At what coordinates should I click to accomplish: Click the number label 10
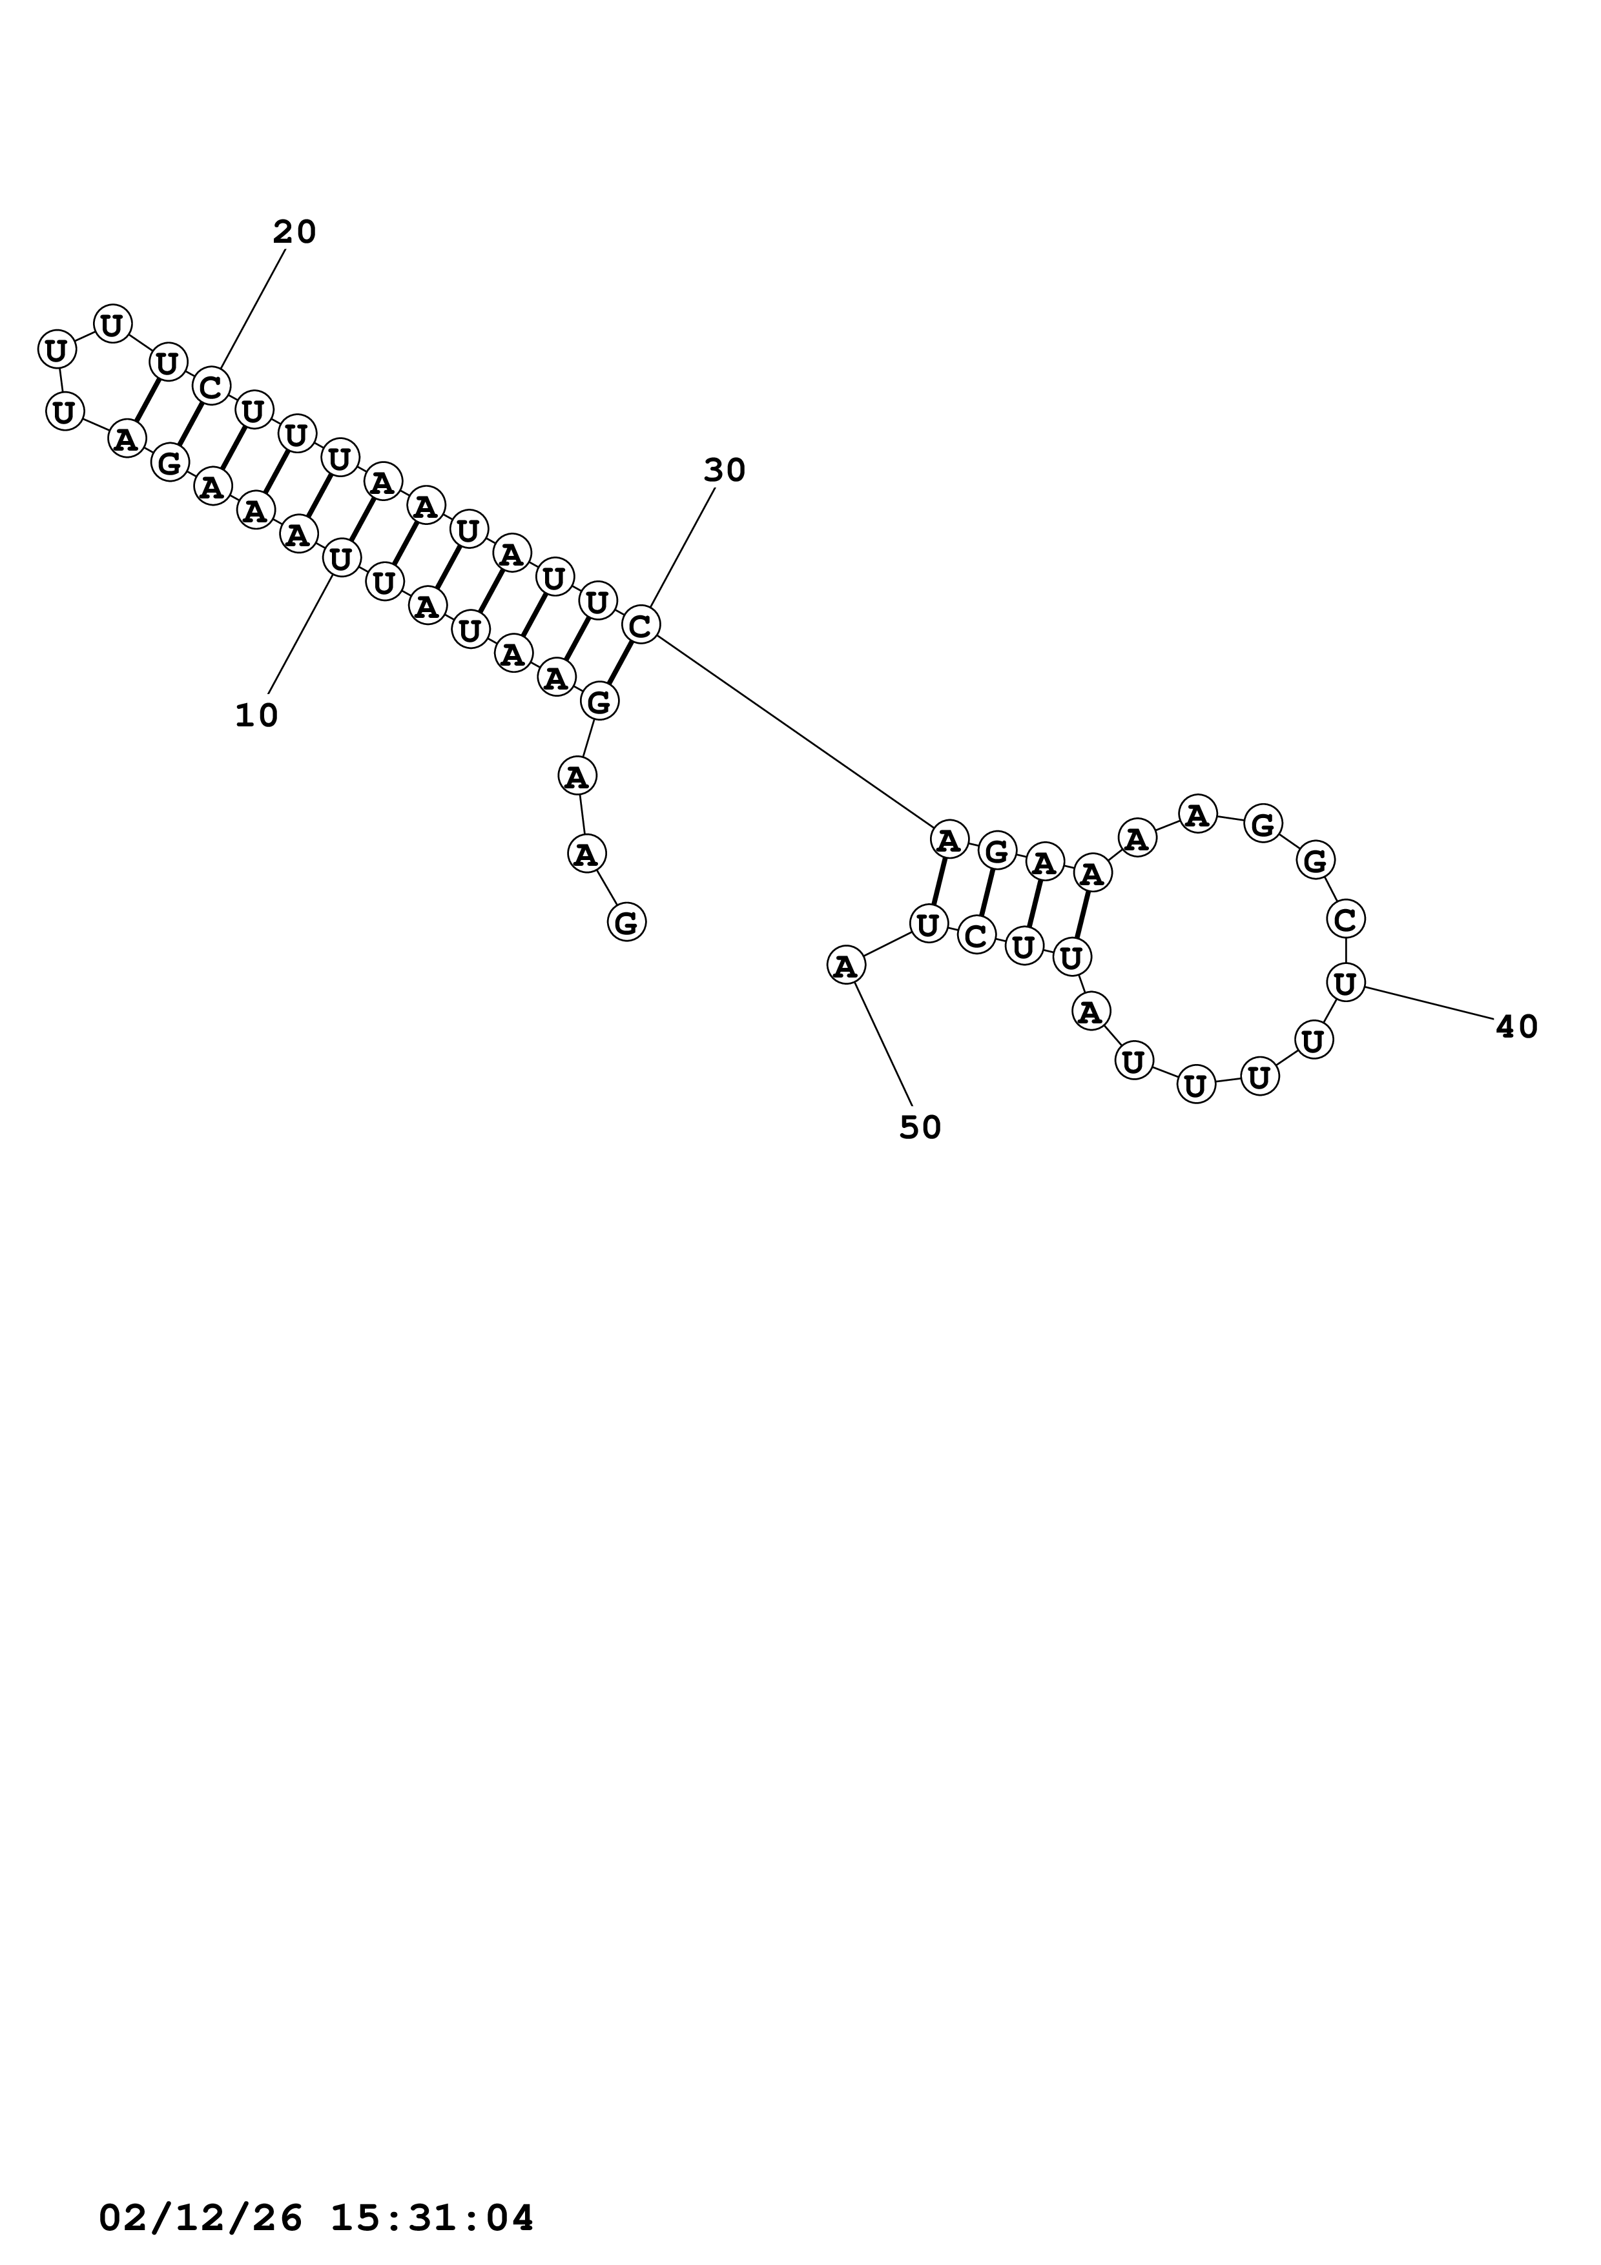click(256, 716)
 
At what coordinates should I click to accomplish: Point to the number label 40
click(1516, 1028)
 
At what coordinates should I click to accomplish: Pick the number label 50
click(920, 1127)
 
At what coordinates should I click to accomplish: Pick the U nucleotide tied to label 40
click(1345, 983)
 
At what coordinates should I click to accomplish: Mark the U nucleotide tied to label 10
click(340, 559)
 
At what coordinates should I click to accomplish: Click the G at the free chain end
click(626, 923)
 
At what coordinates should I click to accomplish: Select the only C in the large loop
click(1345, 919)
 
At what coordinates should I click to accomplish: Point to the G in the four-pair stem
click(997, 850)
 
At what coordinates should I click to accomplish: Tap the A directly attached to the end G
click(586, 852)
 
